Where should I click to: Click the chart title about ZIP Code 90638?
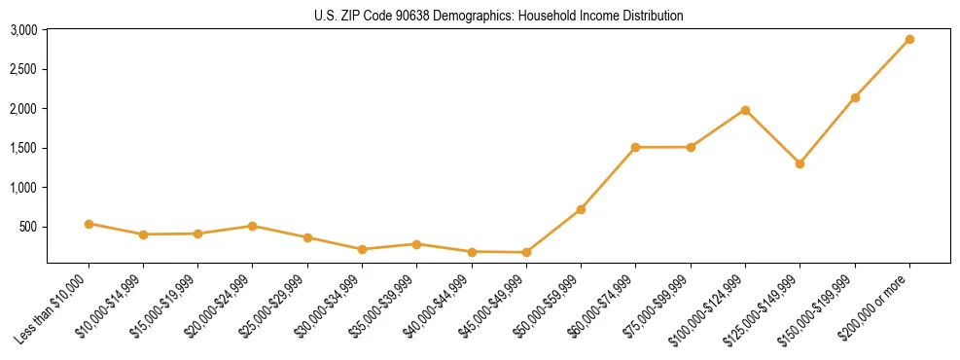[499, 16]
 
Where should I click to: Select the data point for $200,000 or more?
[909, 39]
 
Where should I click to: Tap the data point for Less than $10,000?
[89, 224]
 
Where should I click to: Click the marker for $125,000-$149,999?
[800, 163]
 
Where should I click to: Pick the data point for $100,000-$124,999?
[745, 110]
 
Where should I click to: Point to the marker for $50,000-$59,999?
[581, 209]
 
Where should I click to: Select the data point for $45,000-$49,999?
[526, 252]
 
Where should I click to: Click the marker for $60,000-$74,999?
[635, 147]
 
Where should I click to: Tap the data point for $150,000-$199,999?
[855, 97]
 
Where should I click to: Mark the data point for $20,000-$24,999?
[253, 226]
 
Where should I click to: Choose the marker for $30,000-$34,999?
[362, 249]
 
